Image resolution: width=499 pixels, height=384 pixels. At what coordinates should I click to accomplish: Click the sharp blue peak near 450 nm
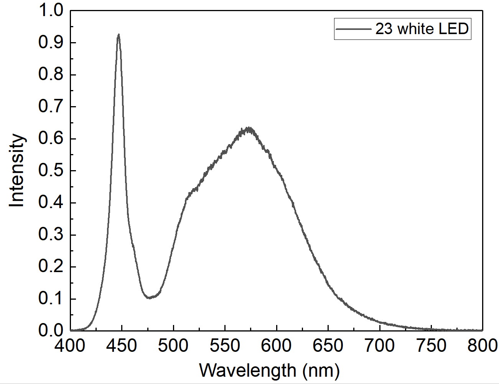(x=119, y=35)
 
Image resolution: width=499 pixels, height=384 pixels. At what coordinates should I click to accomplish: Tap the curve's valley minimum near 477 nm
(x=149, y=297)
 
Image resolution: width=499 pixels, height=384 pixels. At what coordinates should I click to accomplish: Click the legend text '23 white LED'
(x=422, y=29)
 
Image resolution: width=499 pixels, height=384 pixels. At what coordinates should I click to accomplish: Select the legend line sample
(x=353, y=29)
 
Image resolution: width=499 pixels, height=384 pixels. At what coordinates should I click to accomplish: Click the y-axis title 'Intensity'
(x=17, y=171)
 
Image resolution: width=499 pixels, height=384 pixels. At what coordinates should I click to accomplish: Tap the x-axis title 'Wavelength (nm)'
(x=269, y=371)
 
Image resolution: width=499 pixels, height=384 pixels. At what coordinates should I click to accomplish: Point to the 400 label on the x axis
(x=70, y=346)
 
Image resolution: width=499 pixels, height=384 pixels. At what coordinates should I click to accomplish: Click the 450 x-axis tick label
(x=122, y=346)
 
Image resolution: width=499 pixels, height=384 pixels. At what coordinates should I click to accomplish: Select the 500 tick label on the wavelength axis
(x=173, y=346)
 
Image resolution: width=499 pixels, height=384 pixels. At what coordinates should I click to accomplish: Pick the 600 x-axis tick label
(x=277, y=346)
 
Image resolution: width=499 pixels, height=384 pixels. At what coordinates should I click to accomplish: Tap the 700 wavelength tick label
(x=380, y=346)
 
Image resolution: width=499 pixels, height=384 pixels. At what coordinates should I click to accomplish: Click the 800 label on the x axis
(x=482, y=346)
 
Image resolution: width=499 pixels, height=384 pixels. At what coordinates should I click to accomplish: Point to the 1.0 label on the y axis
(x=51, y=11)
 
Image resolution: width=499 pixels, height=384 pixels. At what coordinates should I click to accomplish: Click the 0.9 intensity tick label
(x=51, y=43)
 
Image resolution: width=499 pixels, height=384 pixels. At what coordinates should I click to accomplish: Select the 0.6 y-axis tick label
(x=51, y=139)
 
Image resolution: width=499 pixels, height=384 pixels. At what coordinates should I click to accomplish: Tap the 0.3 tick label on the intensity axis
(x=51, y=235)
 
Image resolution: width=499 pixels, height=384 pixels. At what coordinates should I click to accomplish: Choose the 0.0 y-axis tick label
(x=51, y=330)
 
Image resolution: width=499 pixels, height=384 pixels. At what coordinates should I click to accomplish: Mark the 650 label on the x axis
(x=328, y=346)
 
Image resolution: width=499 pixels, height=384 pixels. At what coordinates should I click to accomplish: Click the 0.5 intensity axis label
(x=51, y=171)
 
